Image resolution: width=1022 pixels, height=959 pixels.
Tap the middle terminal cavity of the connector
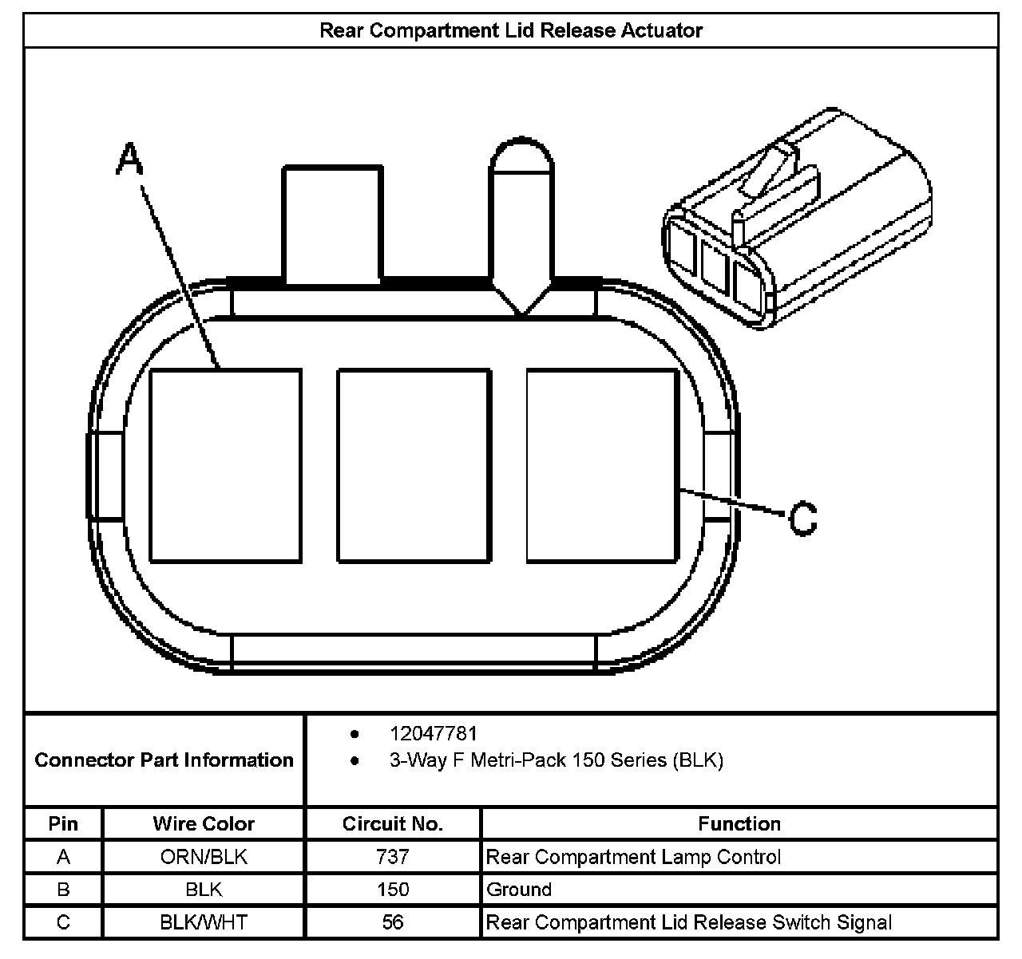[414, 465]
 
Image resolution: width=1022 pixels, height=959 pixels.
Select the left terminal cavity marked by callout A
[226, 465]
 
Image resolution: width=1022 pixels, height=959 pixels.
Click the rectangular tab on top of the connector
[332, 225]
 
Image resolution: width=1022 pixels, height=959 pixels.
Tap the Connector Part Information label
[164, 760]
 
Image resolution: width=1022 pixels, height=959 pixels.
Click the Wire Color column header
[204, 823]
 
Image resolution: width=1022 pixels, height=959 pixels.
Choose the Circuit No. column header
[393, 823]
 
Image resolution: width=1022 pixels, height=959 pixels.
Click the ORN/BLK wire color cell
[204, 857]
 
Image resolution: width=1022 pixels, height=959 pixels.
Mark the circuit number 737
[393, 857]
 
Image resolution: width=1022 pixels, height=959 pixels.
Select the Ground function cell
[519, 890]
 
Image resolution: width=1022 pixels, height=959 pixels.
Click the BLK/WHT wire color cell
[204, 923]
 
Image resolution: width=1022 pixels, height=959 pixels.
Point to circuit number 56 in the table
[393, 923]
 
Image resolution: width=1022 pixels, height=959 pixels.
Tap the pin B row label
[63, 890]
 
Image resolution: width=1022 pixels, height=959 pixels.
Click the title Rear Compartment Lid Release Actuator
[511, 31]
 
